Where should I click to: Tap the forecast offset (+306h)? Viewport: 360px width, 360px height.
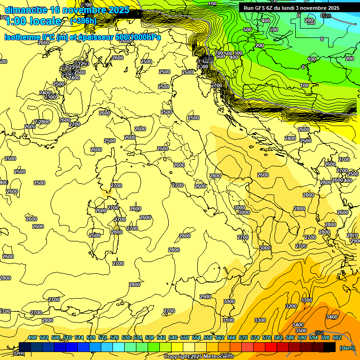click(83, 21)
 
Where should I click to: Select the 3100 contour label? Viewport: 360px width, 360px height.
click(228, 320)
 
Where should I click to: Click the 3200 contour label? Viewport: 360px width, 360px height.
click(291, 306)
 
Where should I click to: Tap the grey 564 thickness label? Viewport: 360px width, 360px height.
click(319, 333)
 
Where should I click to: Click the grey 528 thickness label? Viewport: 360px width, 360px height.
click(326, 16)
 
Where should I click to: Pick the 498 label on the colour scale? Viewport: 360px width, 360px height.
click(32, 337)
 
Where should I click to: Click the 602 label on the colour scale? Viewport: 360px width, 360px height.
click(337, 337)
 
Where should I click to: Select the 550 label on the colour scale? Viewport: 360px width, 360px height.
click(185, 337)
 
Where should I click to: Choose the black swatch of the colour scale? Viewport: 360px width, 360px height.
click(330, 347)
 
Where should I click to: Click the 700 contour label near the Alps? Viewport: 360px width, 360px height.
click(218, 53)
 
